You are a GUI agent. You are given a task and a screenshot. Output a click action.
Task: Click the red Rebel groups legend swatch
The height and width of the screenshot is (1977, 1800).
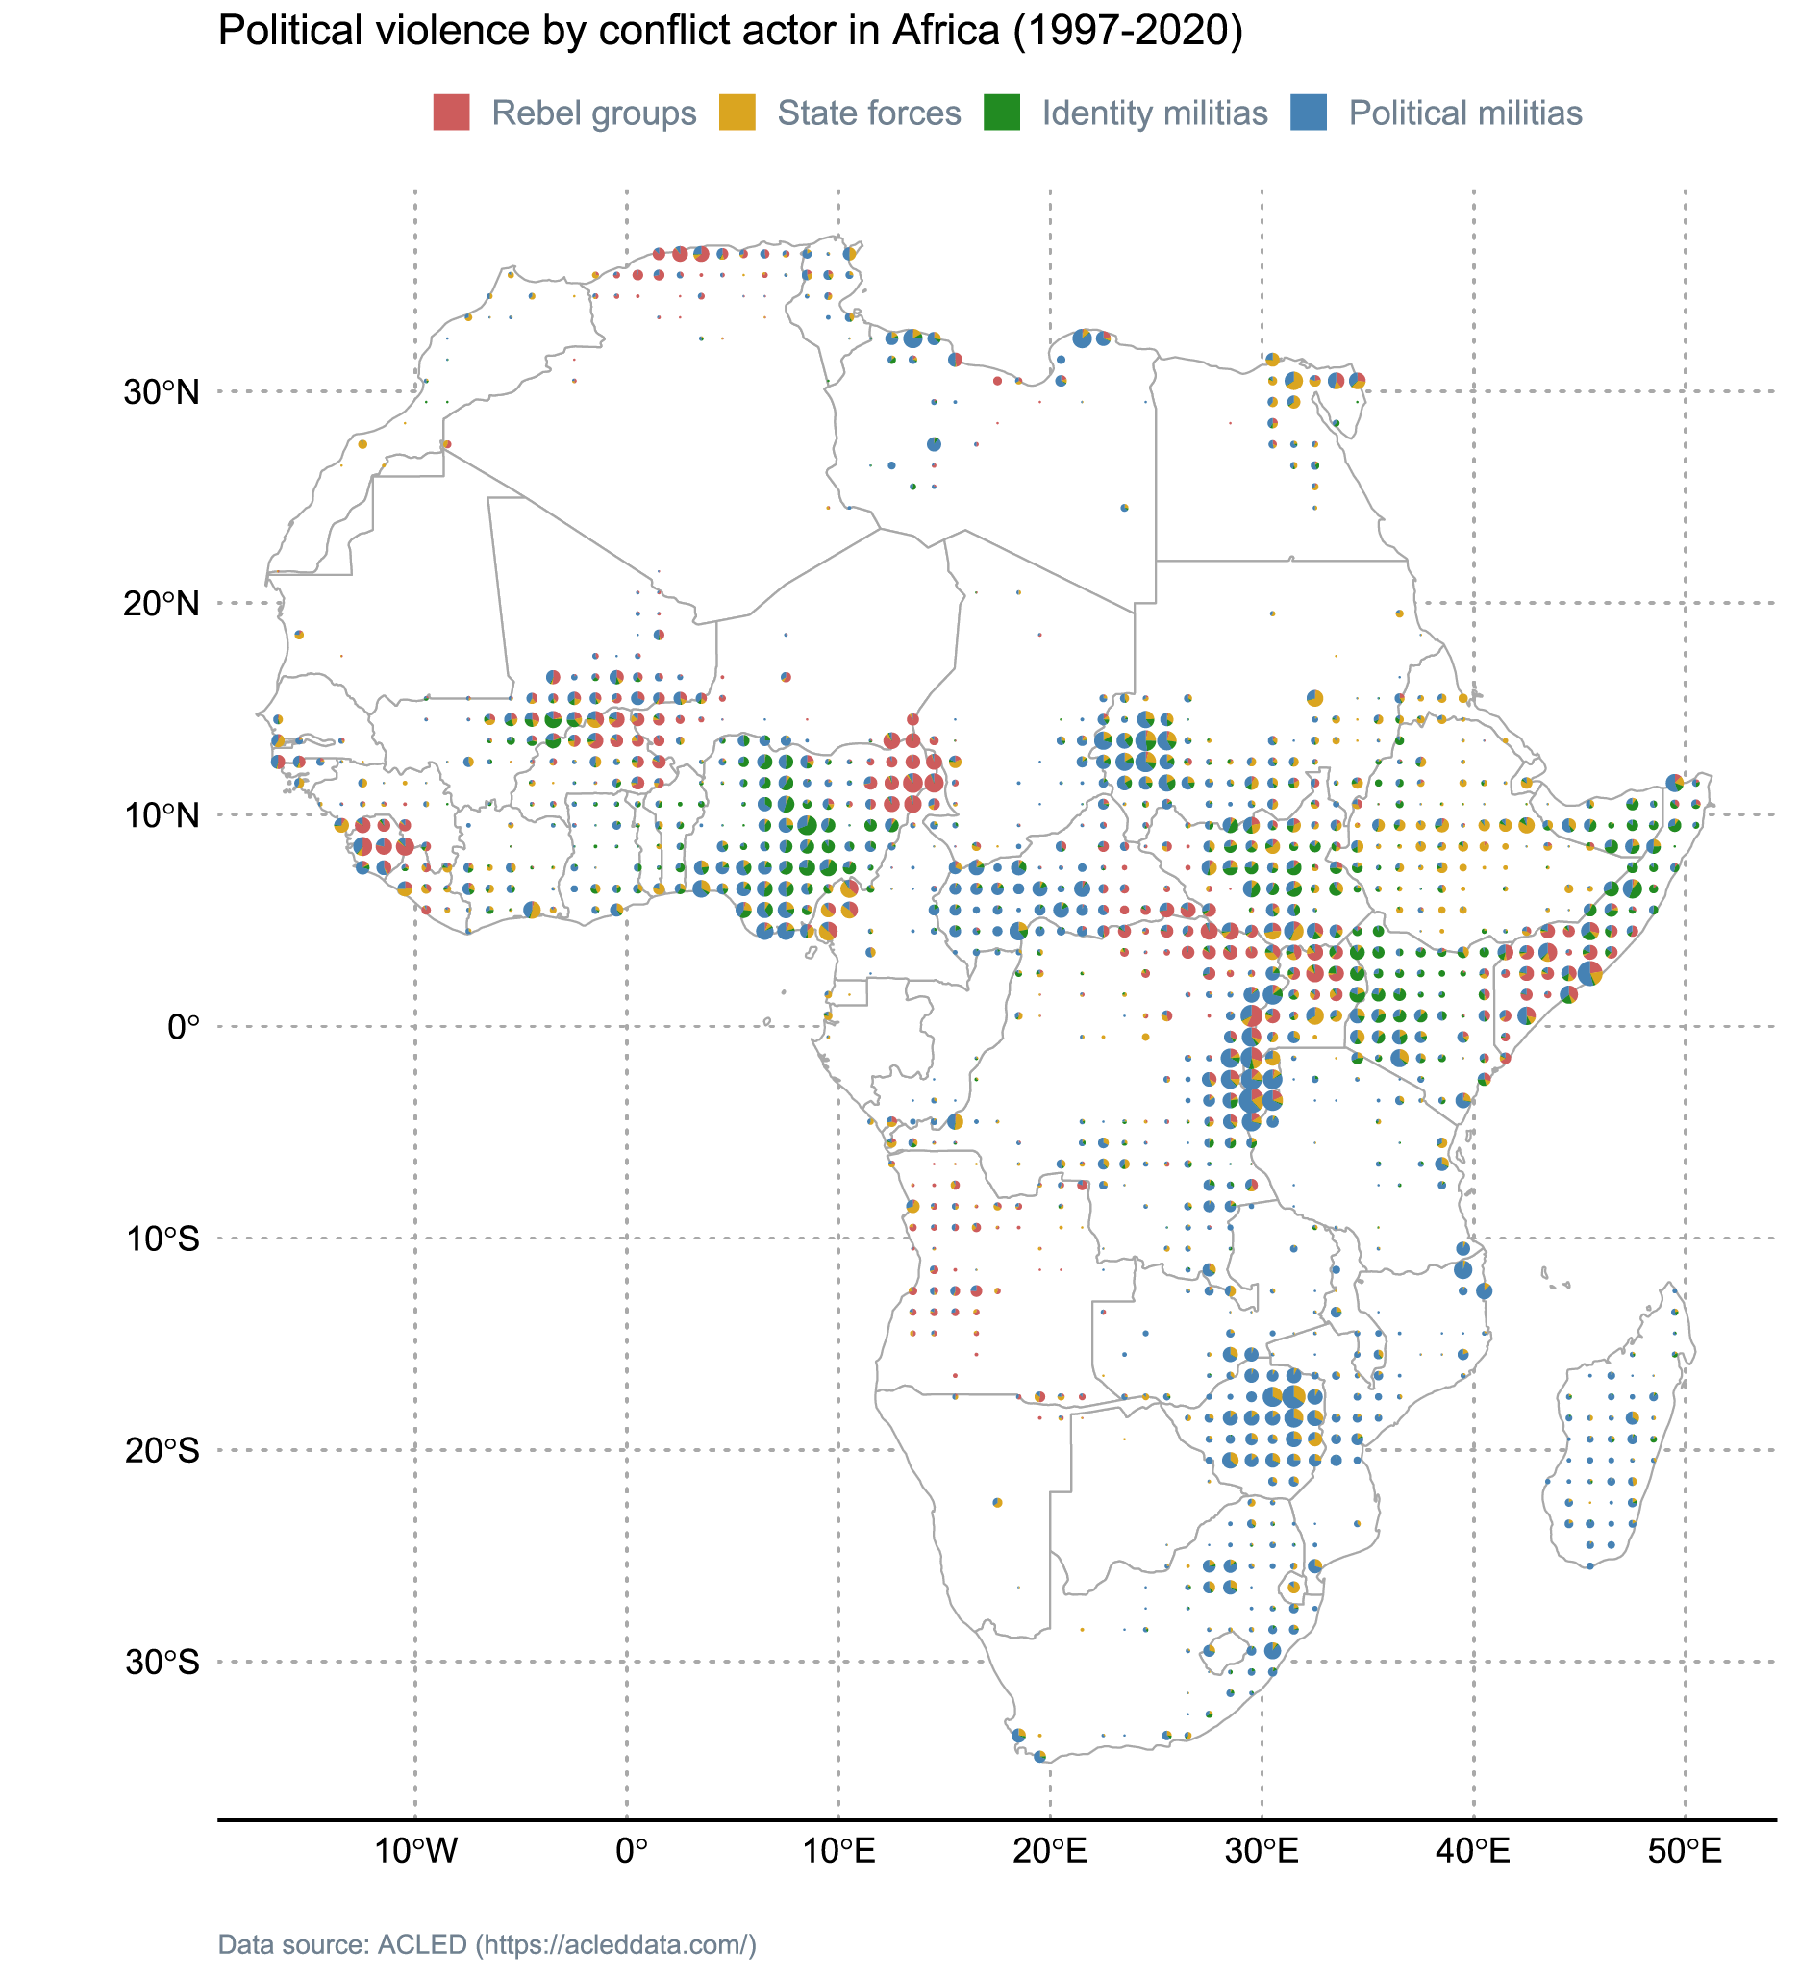(451, 113)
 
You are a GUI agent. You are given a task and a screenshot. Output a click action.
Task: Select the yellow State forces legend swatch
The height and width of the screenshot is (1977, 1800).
(737, 113)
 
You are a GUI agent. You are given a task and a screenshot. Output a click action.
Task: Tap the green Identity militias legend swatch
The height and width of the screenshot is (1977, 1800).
(1002, 113)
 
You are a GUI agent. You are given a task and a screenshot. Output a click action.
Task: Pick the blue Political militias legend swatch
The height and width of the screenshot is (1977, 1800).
(1308, 113)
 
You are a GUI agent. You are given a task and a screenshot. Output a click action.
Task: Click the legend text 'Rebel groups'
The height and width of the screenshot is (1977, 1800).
(593, 113)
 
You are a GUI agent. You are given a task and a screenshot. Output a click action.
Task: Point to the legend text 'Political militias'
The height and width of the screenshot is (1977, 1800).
(1464, 113)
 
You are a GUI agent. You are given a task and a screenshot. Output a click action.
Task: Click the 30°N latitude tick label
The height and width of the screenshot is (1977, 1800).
(162, 392)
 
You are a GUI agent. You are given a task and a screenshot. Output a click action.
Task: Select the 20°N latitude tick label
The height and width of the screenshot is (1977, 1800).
(162, 604)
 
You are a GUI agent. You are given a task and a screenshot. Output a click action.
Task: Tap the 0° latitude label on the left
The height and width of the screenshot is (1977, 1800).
(184, 1028)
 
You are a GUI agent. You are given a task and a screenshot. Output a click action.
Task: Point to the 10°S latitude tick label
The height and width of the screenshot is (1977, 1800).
(162, 1239)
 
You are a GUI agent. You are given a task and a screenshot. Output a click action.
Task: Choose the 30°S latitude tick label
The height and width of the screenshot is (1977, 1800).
(162, 1663)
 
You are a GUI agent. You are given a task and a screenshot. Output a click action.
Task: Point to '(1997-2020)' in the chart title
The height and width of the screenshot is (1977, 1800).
(1128, 32)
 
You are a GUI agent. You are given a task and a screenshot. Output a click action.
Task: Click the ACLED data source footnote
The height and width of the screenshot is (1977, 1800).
(487, 1944)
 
